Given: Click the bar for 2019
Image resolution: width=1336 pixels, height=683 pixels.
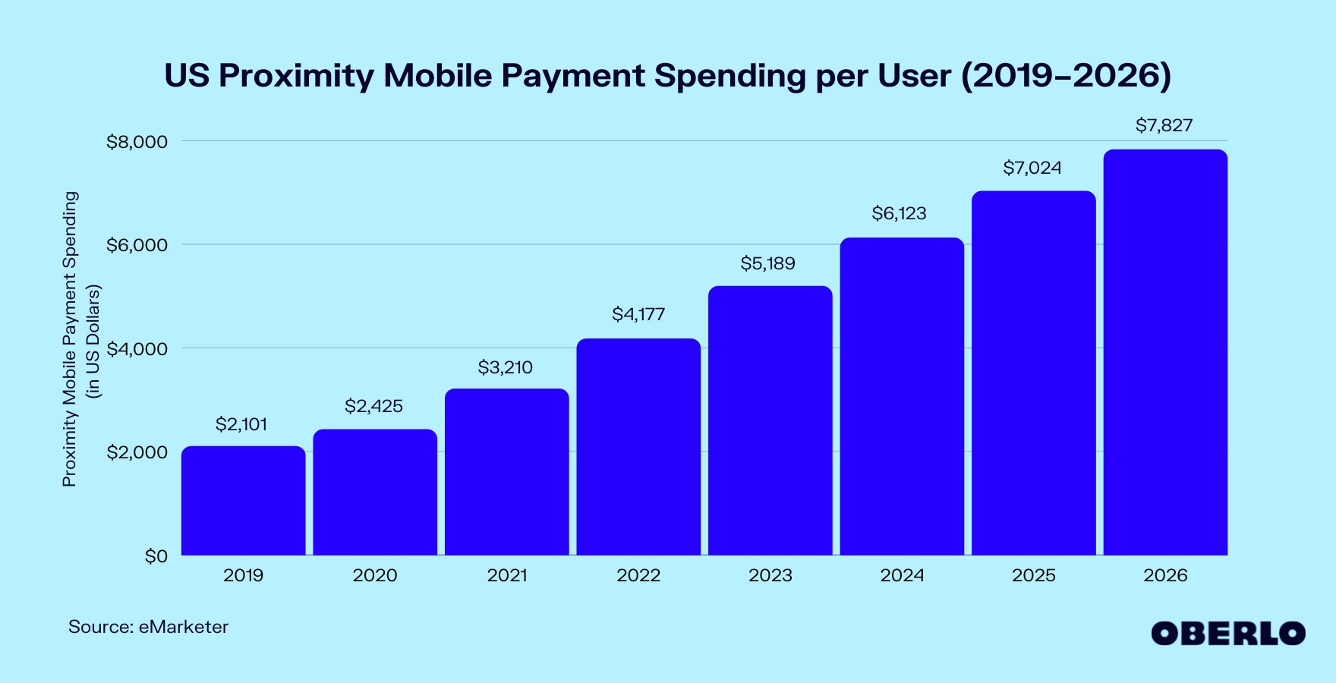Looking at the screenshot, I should (x=243, y=501).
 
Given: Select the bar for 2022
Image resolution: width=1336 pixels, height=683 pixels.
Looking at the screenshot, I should (x=638, y=447).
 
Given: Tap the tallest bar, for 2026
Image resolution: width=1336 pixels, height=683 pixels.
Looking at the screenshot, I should (x=1165, y=352).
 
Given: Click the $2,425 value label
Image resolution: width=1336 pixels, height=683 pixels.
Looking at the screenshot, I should (x=373, y=406).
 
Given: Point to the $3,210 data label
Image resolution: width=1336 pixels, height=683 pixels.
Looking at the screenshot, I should (x=505, y=367).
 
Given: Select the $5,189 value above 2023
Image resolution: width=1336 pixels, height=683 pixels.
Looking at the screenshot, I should (x=767, y=263).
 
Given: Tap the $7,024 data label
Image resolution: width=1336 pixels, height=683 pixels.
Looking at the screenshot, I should (x=1032, y=168).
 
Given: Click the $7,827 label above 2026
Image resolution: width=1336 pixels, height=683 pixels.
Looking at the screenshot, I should (x=1164, y=125).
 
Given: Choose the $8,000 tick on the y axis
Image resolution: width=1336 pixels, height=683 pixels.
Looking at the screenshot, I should (x=137, y=142).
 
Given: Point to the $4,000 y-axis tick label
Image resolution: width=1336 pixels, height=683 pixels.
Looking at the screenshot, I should (x=137, y=349).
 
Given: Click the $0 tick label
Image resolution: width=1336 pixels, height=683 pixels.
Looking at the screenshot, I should (x=156, y=556).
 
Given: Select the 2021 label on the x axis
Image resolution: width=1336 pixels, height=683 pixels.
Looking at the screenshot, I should (x=506, y=575).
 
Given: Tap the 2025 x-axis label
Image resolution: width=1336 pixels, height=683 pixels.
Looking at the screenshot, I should (x=1033, y=575).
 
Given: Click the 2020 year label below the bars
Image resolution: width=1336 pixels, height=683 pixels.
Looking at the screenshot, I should (x=374, y=575).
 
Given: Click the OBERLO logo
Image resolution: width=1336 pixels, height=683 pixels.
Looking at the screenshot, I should (x=1227, y=633).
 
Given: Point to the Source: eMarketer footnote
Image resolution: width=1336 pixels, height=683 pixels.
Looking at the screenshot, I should (x=148, y=627).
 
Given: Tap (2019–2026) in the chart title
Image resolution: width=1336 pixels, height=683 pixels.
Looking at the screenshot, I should (x=1066, y=76).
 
